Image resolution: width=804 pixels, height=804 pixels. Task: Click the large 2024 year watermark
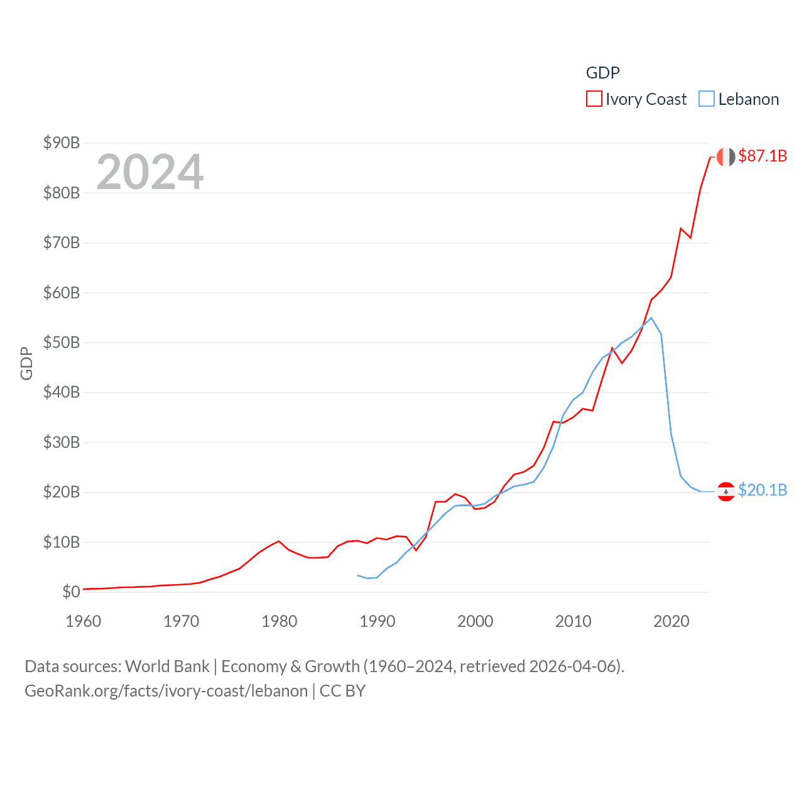[x=150, y=171]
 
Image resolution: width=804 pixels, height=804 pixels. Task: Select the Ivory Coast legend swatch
[x=594, y=99]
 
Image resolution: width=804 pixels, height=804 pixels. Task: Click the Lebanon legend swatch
[x=707, y=99]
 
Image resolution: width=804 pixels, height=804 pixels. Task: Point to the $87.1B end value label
[x=763, y=156]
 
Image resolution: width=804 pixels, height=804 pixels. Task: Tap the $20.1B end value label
[x=763, y=490]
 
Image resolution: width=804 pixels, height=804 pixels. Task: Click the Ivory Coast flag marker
[x=725, y=157]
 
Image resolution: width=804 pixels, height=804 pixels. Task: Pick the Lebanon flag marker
[x=725, y=491]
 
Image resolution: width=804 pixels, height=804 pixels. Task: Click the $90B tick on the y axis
[x=62, y=143]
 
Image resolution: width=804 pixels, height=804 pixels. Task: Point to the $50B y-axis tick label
[x=62, y=343]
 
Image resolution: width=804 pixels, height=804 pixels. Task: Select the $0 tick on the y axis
[x=71, y=592]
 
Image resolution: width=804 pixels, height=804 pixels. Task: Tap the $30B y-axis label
[x=62, y=442]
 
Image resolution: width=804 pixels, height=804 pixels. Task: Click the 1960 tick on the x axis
[x=84, y=621]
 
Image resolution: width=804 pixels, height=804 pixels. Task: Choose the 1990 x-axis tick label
[x=378, y=621]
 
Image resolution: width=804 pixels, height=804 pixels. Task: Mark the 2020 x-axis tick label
[x=671, y=621]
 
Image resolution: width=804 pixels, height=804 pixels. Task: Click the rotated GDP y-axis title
[x=26, y=363]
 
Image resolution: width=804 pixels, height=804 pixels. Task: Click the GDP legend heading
[x=602, y=73]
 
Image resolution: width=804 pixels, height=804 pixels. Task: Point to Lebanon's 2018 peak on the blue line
[x=651, y=318]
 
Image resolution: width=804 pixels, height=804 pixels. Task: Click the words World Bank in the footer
[x=168, y=666]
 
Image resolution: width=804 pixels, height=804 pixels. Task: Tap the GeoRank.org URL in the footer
[x=166, y=691]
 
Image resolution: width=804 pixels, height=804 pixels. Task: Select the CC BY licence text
[x=342, y=691]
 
